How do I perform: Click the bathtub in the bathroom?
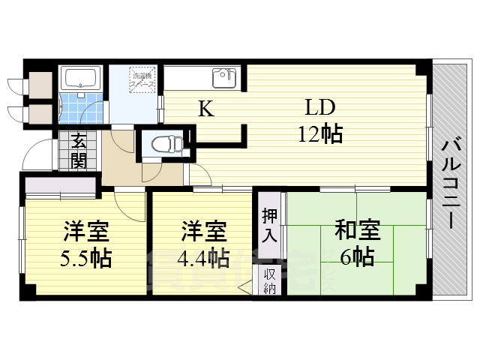click(80, 79)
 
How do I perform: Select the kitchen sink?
click(223, 77)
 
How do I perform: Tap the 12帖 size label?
click(320, 134)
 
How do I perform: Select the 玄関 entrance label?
click(79, 149)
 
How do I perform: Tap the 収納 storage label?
click(270, 280)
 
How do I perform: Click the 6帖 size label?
click(356, 257)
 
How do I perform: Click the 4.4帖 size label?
click(203, 257)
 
